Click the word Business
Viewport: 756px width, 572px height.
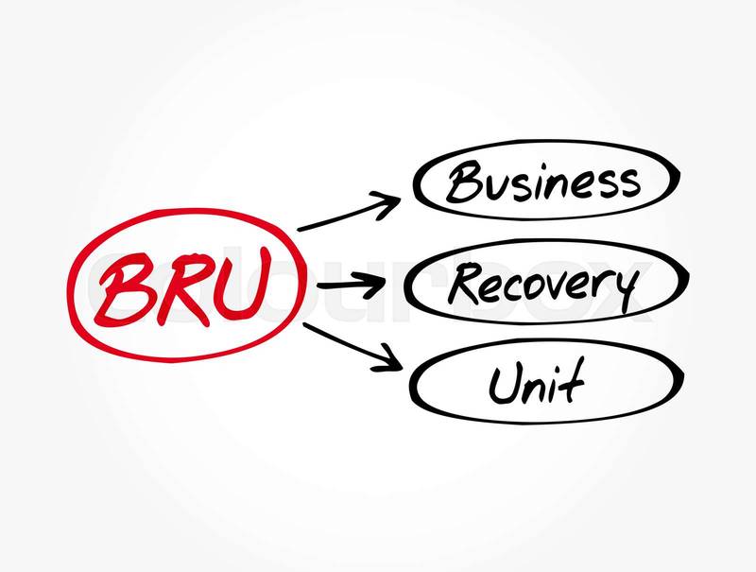(542, 182)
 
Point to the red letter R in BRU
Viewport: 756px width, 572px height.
(180, 284)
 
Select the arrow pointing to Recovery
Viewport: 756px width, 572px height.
(353, 284)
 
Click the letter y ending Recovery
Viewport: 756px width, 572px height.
(623, 288)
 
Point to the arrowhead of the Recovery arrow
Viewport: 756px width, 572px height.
(382, 283)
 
